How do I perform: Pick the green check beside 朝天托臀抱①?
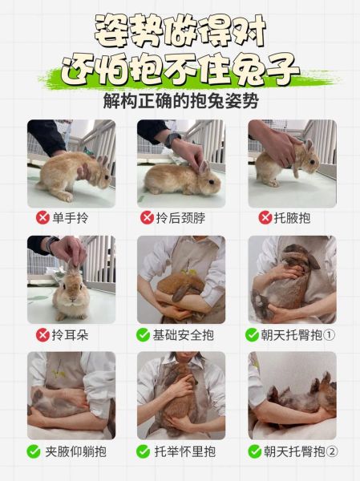coord(253,334)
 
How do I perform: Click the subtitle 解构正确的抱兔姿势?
coord(180,103)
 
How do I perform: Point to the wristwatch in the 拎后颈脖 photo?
coord(172,139)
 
